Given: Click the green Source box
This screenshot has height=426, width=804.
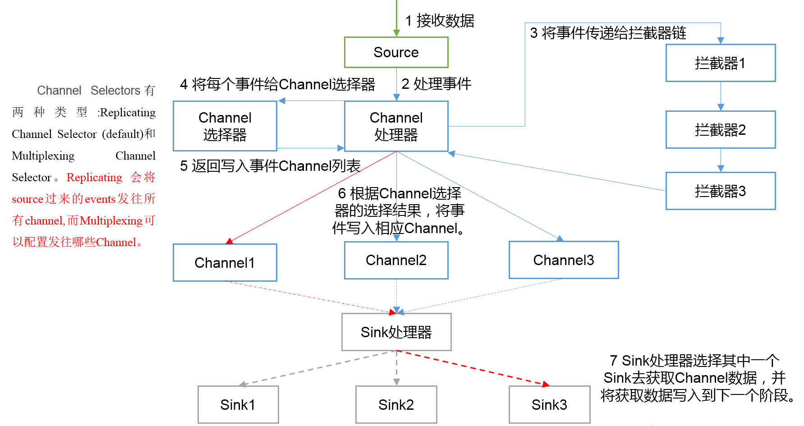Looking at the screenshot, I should point(396,52).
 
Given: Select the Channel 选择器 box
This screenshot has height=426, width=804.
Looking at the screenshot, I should point(225,126).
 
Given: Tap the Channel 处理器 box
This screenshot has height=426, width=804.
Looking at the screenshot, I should point(396,126).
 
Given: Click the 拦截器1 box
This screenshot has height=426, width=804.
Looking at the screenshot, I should point(720,63).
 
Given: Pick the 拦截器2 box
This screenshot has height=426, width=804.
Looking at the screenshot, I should point(720,130).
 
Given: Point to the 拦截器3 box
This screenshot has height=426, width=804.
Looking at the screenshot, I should point(720,191).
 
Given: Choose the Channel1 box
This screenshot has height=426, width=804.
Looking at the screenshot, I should point(225,263).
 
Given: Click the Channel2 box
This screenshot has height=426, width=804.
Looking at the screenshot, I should point(396,260).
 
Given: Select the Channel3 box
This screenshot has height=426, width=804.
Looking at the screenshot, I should point(563,260).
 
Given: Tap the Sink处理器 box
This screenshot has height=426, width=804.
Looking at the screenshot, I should point(396,332).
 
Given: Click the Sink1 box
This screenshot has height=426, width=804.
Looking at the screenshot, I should point(238,405).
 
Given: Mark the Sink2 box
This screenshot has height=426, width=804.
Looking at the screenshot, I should point(396,405).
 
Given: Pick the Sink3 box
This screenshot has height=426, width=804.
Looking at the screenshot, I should point(549,405).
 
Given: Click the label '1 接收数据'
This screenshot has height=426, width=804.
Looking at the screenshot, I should point(440,21).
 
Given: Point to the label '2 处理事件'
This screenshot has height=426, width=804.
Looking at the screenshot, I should point(436,84).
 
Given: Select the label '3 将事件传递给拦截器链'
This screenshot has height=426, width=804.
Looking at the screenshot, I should point(608,33).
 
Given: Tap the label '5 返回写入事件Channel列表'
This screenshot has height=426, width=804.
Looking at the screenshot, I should point(270,166).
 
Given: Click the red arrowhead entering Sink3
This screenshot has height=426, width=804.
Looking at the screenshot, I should point(546,384).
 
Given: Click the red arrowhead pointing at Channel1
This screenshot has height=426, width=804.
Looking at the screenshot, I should point(230,241).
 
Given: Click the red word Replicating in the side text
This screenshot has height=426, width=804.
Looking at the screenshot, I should point(94,177).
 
